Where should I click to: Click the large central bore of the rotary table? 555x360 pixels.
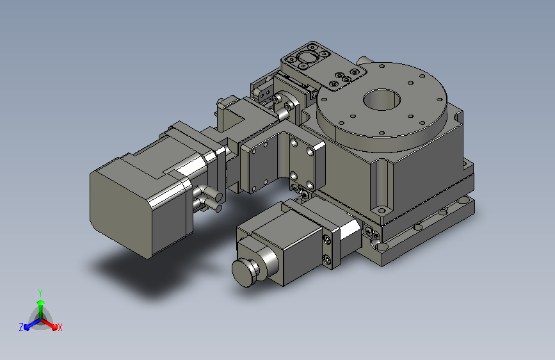(x=382, y=99)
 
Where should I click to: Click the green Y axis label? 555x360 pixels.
(x=40, y=293)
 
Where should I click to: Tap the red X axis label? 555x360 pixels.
(x=60, y=328)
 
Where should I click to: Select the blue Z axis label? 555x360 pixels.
(x=21, y=327)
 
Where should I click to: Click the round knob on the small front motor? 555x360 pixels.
(x=245, y=272)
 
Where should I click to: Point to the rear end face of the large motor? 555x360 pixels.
(x=120, y=209)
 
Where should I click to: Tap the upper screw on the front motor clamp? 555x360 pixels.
(x=327, y=241)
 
